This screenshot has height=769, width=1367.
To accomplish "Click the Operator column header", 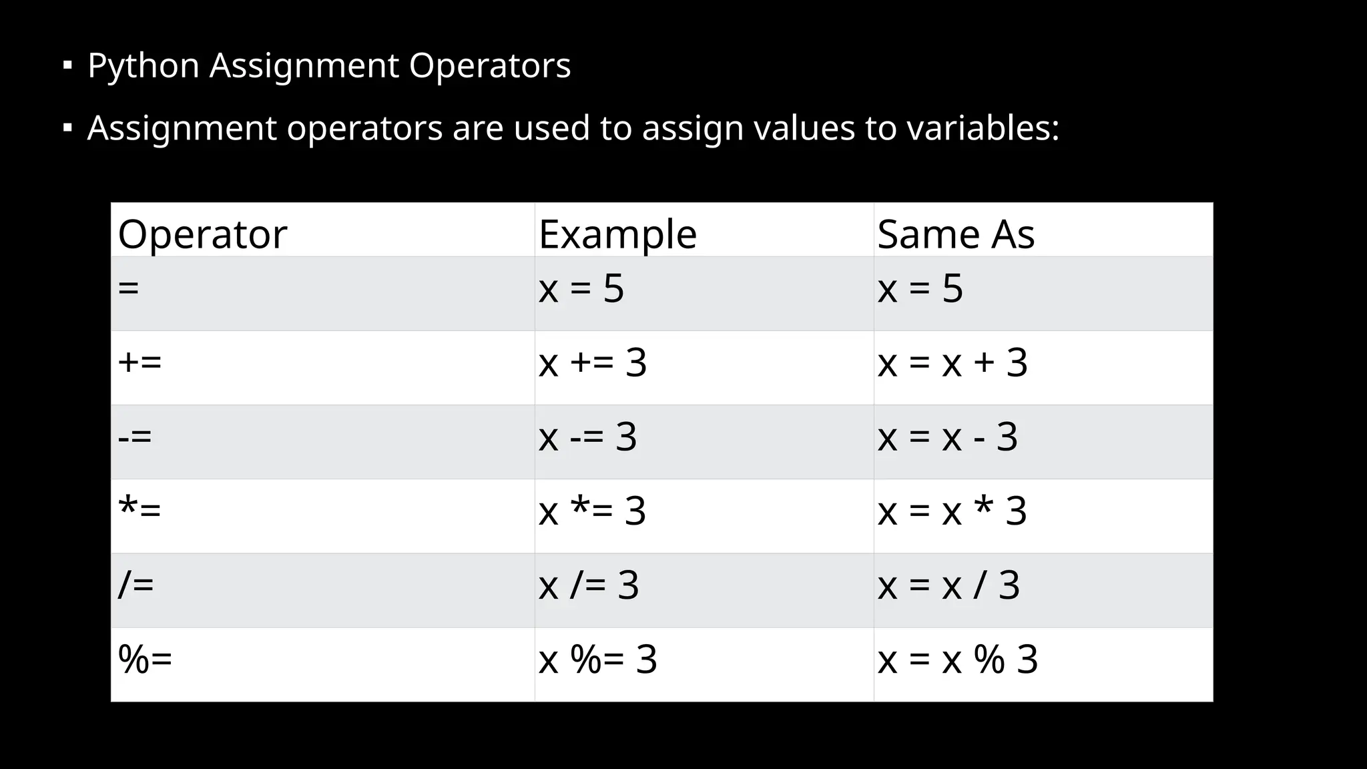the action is click(x=202, y=234).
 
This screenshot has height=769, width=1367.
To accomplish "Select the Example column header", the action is click(x=617, y=234).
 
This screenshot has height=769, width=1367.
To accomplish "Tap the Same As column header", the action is click(x=956, y=234).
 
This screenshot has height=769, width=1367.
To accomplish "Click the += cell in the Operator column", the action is click(x=140, y=362).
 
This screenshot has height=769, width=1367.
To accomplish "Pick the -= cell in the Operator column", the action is click(x=135, y=437).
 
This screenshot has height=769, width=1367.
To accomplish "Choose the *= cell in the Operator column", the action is click(x=140, y=511).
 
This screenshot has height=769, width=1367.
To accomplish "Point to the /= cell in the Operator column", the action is click(x=136, y=585).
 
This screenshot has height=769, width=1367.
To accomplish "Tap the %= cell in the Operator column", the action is click(x=146, y=659).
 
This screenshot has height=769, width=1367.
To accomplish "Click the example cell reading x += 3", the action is click(x=593, y=364).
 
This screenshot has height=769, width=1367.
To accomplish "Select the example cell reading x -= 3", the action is click(x=587, y=438).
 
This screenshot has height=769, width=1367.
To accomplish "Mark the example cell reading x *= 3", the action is click(x=592, y=512).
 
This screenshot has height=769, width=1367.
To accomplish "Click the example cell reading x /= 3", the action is click(x=589, y=586).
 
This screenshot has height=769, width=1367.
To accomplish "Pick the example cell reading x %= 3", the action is click(x=598, y=660).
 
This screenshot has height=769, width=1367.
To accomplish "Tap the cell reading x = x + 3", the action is click(x=952, y=364).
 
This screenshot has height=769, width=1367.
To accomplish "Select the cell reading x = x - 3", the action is click(x=947, y=438).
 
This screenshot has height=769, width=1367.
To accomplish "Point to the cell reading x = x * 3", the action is click(x=952, y=512).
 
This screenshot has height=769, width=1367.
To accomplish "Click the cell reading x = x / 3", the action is click(x=948, y=586).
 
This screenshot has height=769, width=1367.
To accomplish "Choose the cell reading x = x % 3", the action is click(x=958, y=660).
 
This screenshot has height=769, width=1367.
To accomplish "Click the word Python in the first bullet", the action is click(x=144, y=66).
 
